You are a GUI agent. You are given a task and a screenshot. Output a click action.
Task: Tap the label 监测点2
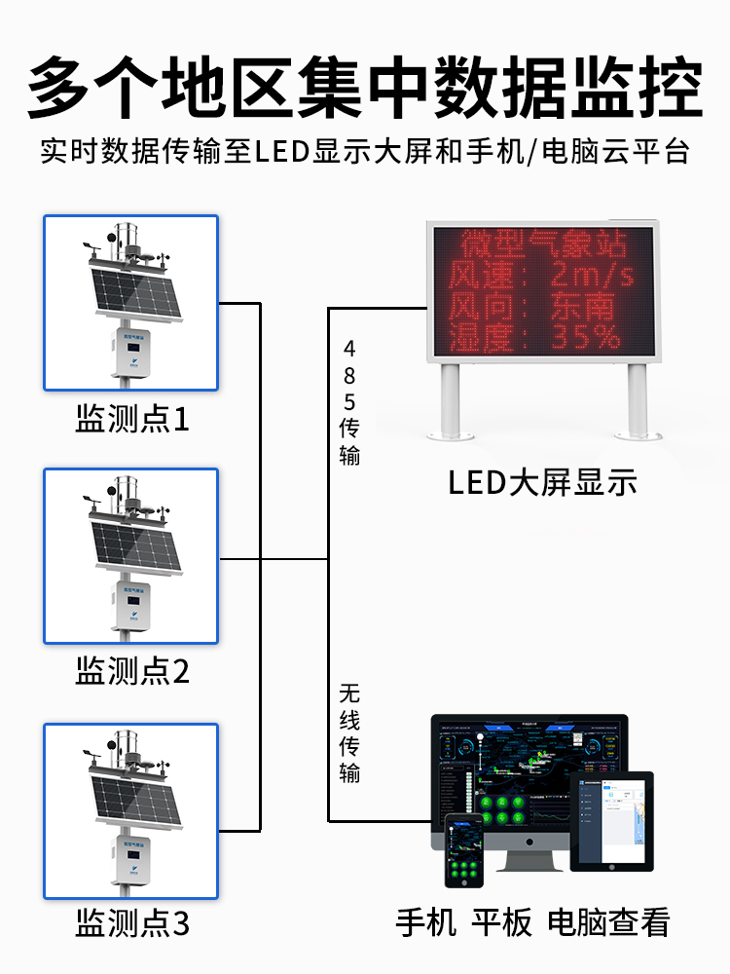131,671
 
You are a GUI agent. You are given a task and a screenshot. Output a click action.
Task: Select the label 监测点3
131,923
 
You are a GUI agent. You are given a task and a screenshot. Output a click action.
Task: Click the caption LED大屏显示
542,482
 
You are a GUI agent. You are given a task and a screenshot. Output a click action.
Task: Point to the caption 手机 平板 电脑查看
532,921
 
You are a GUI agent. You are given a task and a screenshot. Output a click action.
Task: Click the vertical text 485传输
349,401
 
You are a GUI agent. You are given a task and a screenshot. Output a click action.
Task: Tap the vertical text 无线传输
349,733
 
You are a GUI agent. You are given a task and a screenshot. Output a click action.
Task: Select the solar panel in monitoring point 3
136,796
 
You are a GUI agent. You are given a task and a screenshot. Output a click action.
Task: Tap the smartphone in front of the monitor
464,850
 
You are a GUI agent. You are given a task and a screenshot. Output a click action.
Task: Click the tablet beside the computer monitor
611,820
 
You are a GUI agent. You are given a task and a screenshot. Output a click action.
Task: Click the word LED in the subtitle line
282,152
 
